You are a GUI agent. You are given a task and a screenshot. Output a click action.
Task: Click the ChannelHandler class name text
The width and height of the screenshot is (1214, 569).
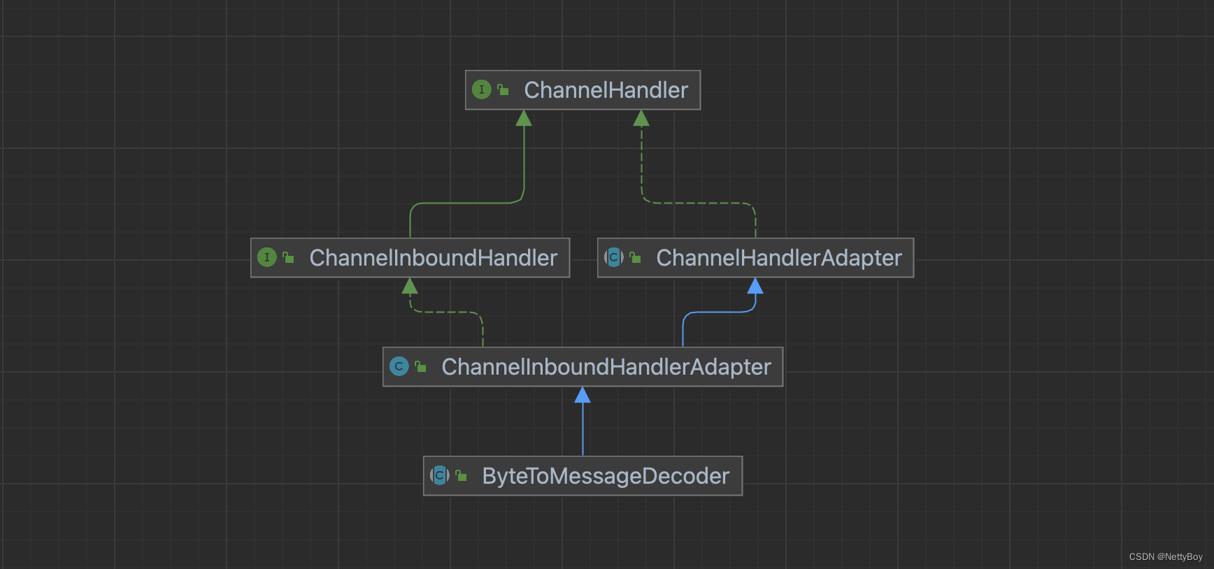click(606, 90)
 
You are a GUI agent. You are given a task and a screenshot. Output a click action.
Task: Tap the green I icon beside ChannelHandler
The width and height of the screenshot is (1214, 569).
click(481, 89)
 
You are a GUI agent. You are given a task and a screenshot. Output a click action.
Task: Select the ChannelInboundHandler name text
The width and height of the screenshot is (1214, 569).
click(433, 258)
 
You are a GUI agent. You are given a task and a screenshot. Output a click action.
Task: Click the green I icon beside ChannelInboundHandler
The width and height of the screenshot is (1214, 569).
click(266, 257)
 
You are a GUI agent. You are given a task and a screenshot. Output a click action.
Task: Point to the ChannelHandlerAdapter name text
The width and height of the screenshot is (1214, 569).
click(778, 258)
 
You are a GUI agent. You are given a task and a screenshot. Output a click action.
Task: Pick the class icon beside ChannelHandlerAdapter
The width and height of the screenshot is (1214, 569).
click(613, 257)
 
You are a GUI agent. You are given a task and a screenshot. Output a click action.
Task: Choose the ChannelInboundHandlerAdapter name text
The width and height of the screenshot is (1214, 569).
click(606, 367)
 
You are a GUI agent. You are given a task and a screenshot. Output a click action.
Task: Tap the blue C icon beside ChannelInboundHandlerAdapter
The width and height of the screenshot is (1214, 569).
click(399, 366)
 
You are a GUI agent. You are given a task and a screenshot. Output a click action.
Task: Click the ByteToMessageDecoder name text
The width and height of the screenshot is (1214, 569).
click(605, 476)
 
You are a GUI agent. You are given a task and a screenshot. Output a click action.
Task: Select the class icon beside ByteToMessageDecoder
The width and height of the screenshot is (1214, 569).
click(439, 475)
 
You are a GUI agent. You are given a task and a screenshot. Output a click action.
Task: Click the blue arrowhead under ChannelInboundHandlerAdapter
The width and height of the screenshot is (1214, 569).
click(583, 396)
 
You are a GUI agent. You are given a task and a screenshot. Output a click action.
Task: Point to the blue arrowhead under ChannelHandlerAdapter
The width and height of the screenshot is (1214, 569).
click(755, 286)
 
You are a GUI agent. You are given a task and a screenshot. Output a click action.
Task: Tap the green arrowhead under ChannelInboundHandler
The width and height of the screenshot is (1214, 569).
click(410, 286)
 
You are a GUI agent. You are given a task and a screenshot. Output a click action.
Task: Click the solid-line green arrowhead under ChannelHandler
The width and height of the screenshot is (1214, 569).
click(524, 119)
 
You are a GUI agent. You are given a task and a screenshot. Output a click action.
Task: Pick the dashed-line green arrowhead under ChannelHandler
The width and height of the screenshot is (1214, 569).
click(641, 119)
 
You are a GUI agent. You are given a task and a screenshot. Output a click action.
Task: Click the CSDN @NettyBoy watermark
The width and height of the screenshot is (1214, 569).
click(1165, 557)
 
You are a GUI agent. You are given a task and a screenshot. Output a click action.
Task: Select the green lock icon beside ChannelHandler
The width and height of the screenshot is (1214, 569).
click(503, 89)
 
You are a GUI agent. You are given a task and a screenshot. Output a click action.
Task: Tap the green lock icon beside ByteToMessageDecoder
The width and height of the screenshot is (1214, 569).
click(461, 475)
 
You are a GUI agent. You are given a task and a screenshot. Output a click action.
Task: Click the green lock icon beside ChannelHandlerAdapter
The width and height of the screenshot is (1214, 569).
click(635, 257)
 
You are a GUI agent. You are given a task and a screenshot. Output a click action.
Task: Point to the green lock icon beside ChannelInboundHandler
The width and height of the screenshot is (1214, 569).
click(288, 257)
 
